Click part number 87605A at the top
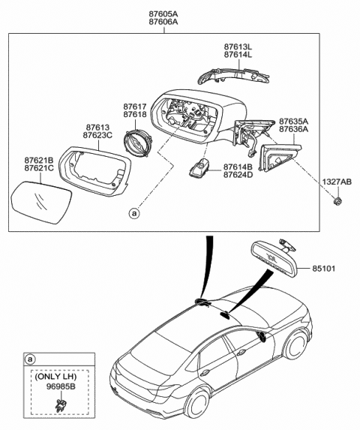pos(163,14)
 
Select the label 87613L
pos(238,47)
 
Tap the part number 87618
pos(135,114)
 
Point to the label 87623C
pos(97,135)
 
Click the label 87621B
pos(39,160)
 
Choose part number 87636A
pos(294,129)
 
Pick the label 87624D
pos(238,175)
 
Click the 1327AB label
pos(337,182)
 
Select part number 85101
pos(324,268)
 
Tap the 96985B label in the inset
pos(61,386)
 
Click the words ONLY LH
pos(55,377)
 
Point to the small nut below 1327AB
pos(337,201)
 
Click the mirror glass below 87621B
pos(42,203)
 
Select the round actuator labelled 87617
pos(136,143)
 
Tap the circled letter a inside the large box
pos(134,213)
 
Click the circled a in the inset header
pos(30,359)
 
